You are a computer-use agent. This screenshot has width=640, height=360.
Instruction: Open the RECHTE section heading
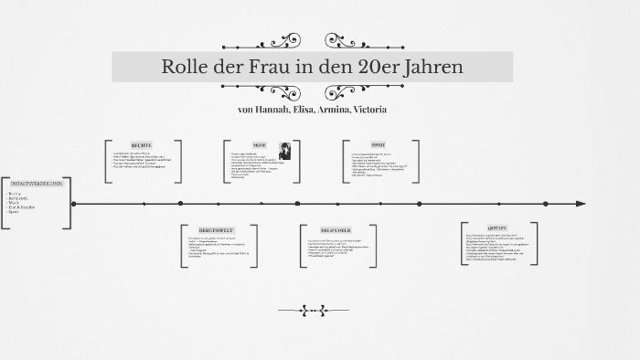[143, 145]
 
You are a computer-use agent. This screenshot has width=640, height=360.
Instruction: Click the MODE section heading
[260, 145]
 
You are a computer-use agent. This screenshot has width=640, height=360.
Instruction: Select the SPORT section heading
[379, 145]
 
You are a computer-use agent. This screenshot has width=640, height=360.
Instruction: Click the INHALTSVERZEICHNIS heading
[34, 184]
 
